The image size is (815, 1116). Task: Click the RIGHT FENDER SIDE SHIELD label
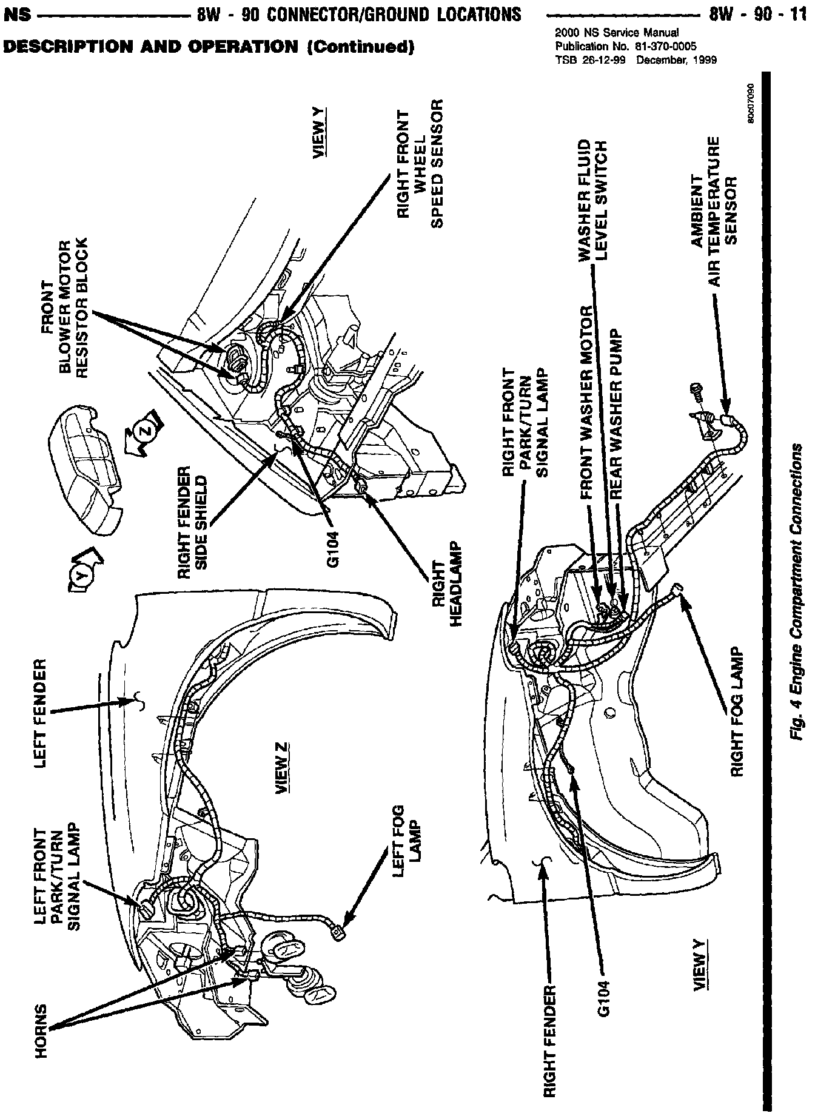[x=194, y=516]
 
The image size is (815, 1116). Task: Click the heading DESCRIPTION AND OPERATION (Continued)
[x=209, y=47]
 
